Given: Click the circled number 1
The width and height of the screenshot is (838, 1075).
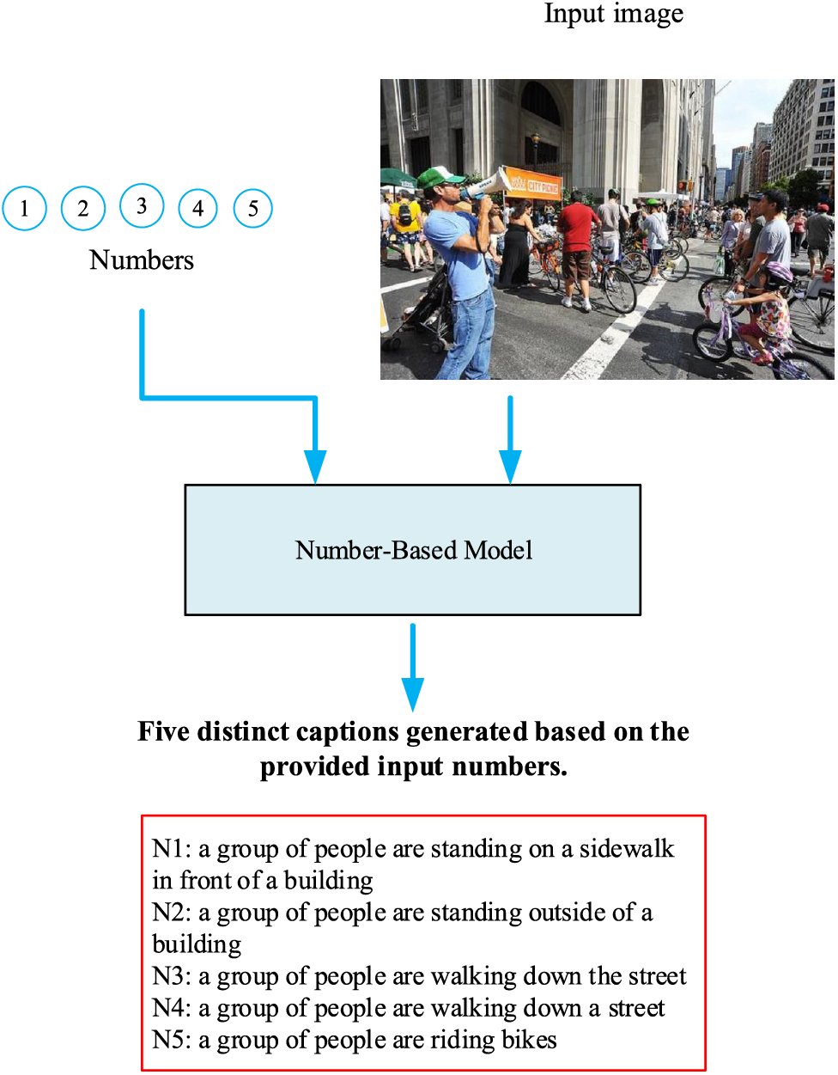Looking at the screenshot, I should pyautogui.click(x=24, y=208).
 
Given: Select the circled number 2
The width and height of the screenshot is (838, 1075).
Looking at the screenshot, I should pyautogui.click(x=82, y=208).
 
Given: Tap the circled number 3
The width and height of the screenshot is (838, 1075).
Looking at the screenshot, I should pyautogui.click(x=141, y=206).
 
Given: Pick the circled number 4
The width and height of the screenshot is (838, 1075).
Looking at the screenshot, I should pyautogui.click(x=197, y=208).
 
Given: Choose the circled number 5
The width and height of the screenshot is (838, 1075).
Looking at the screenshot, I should pyautogui.click(x=252, y=208).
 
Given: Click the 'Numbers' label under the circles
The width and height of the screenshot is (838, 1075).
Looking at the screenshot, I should pyautogui.click(x=142, y=260).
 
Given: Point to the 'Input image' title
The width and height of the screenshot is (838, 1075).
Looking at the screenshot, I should pyautogui.click(x=613, y=15).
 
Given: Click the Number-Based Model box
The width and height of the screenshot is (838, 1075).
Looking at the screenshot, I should pyautogui.click(x=412, y=550).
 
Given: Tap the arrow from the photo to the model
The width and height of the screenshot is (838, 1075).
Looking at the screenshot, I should pyautogui.click(x=510, y=438).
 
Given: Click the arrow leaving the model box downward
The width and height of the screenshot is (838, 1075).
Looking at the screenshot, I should pyautogui.click(x=413, y=666).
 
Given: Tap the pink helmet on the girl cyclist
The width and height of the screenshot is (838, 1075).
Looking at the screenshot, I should pyautogui.click(x=778, y=274).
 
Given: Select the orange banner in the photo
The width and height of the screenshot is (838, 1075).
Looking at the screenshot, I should pyautogui.click(x=531, y=182).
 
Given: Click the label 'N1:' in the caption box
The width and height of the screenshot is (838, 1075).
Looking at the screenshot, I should pyautogui.click(x=171, y=849).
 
